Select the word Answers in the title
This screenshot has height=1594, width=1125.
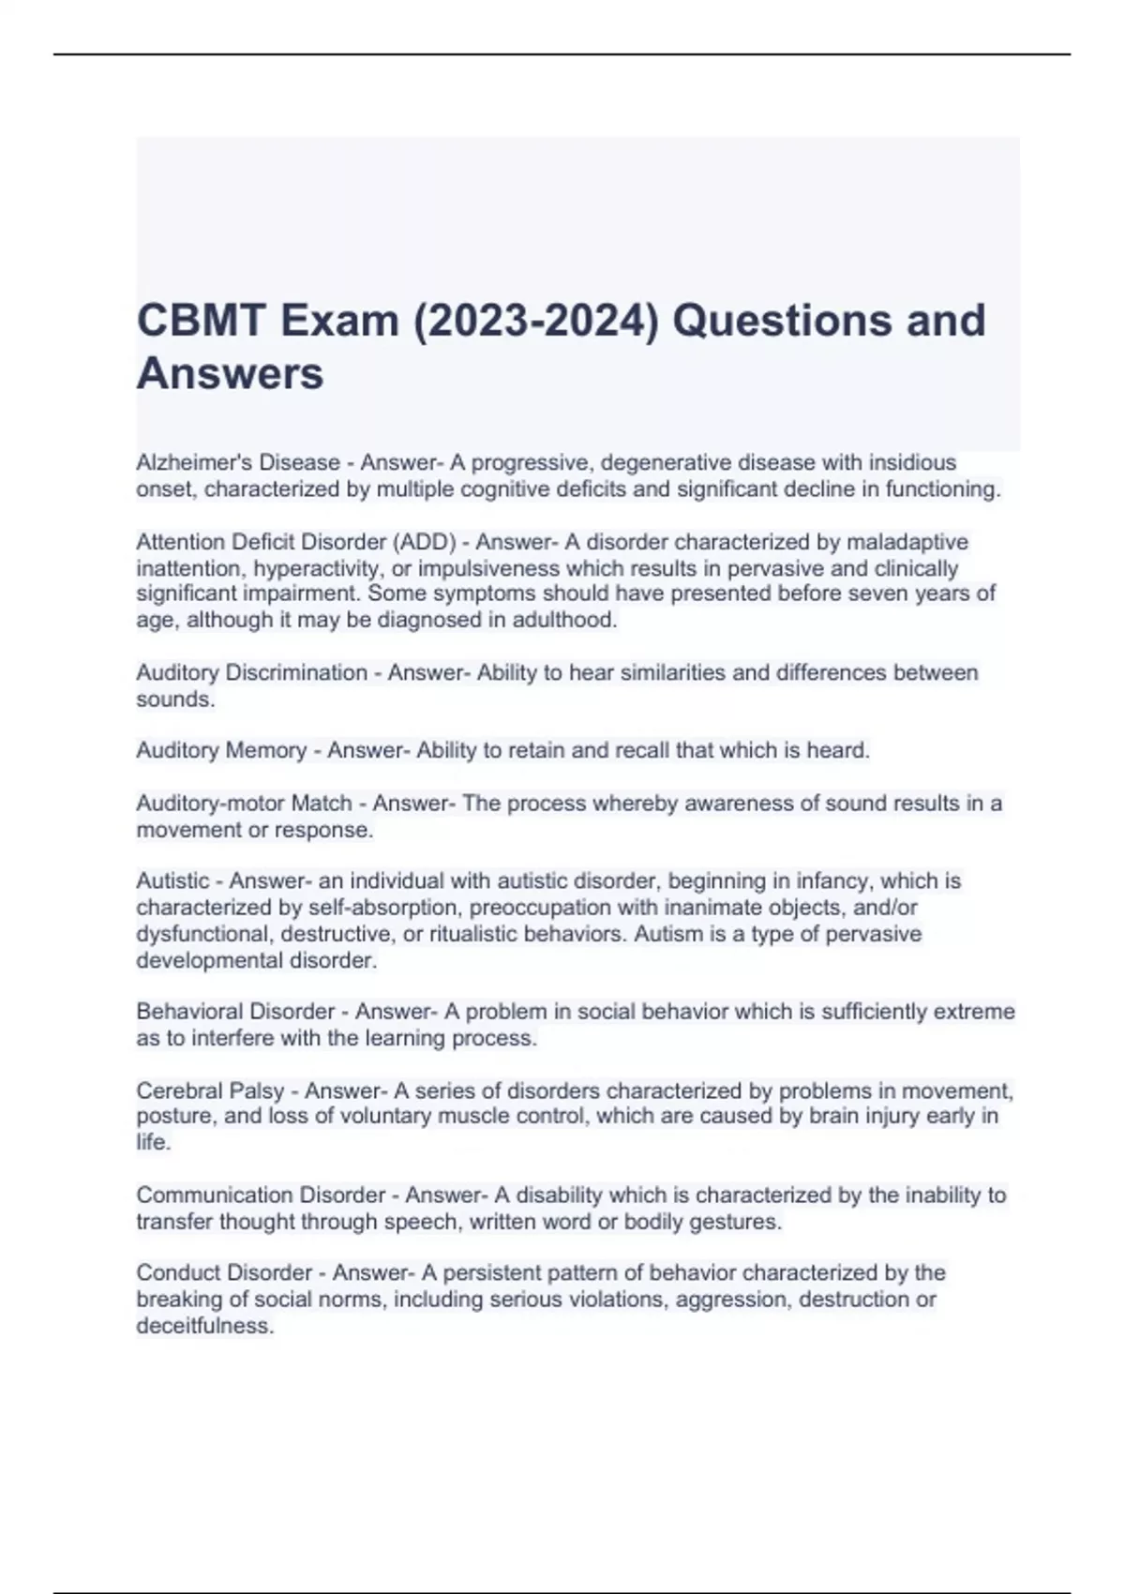click(x=230, y=373)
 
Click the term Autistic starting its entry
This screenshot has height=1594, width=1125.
click(x=172, y=881)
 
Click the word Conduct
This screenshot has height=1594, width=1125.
click(x=178, y=1272)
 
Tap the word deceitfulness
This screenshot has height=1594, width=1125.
click(x=204, y=1326)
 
